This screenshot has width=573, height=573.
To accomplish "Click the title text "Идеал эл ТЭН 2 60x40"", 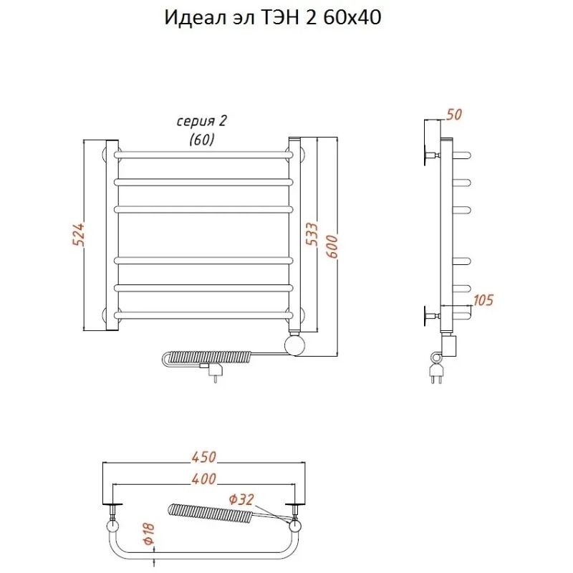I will [273, 19].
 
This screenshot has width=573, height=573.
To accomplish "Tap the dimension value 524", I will [79, 235].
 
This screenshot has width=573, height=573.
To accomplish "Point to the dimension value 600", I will [332, 247].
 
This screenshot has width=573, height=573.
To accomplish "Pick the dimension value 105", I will [483, 300].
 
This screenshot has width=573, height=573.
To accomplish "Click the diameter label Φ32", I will [241, 499].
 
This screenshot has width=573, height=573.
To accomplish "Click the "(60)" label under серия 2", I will [202, 140].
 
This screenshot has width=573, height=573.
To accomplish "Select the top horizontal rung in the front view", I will [203, 154].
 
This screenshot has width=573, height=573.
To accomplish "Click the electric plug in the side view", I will [434, 371].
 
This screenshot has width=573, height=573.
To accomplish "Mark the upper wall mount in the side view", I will [432, 155].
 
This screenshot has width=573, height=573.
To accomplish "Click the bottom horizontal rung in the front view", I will [203, 314].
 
